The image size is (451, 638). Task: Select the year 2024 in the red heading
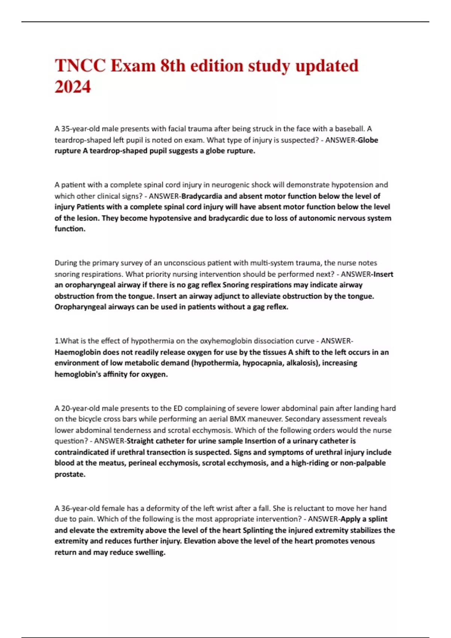pos(73,87)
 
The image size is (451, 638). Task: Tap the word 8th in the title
pos(173,66)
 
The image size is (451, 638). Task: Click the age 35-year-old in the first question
pos(77,129)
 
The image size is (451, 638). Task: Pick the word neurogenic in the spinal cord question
pos(230,185)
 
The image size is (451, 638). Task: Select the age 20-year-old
pos(77,408)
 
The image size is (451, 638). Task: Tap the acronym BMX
pos(238,419)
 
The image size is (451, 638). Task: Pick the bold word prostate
pos(70,474)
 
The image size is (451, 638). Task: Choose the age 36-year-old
pos(77,508)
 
